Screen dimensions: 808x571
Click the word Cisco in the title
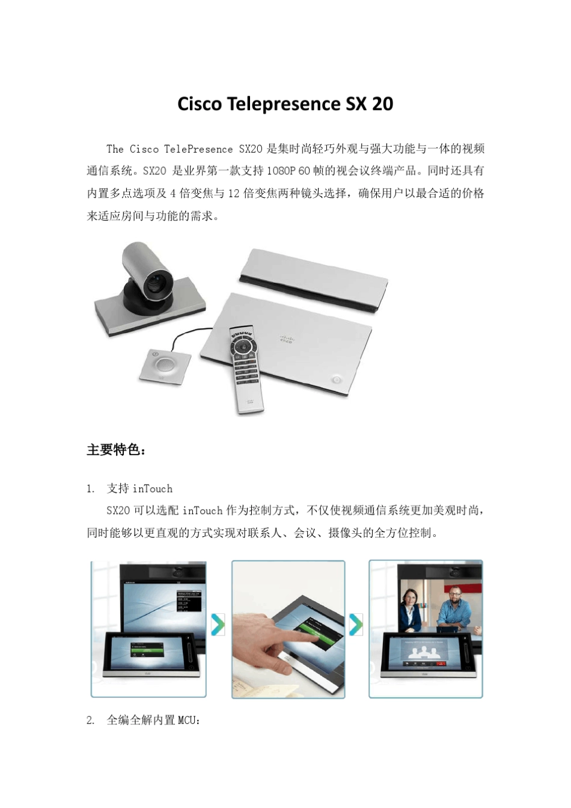pyautogui.click(x=200, y=104)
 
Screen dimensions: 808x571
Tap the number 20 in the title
pyautogui.click(x=382, y=104)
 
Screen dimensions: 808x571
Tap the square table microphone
pyautogui.click(x=163, y=364)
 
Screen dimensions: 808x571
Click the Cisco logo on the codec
pyautogui.click(x=285, y=340)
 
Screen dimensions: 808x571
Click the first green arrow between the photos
pyautogui.click(x=218, y=625)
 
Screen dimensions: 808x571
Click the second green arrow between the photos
pyautogui.click(x=356, y=625)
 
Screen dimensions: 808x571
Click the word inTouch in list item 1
pyautogui.click(x=153, y=489)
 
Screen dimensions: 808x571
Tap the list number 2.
pyautogui.click(x=90, y=720)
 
